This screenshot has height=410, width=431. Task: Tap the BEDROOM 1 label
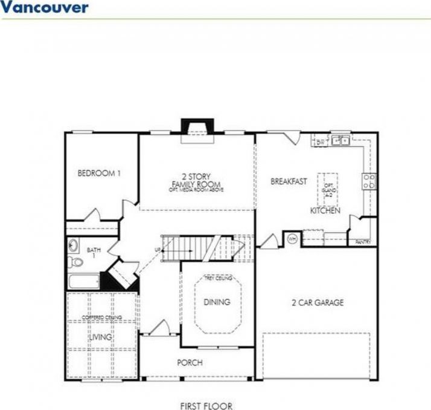[99, 174]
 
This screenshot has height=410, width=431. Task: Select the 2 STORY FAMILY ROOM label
[196, 180]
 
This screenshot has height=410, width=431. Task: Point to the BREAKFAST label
[289, 181]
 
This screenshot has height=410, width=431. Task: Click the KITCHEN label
[325, 211]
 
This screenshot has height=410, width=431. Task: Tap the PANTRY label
[362, 242]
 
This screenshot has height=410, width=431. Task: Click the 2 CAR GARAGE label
[317, 302]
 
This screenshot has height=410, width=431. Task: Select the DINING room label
[217, 302]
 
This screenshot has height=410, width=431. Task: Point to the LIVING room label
[101, 337]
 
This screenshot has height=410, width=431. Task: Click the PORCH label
[190, 363]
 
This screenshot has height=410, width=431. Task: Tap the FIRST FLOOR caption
[206, 406]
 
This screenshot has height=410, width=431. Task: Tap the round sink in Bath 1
[74, 246]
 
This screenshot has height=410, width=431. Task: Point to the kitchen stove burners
[369, 181]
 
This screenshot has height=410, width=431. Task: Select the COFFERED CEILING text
[101, 317]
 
